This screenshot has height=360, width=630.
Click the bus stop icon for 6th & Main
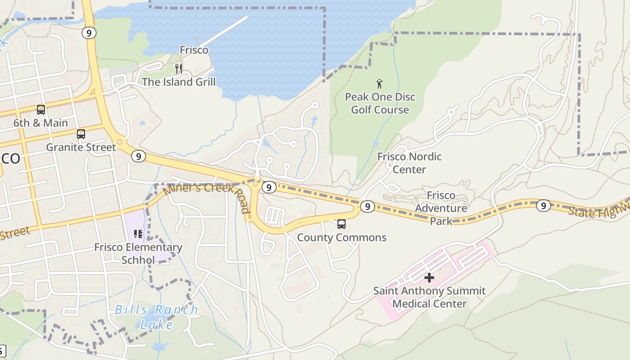(x=41, y=109)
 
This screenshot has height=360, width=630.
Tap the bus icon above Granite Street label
(x=81, y=134)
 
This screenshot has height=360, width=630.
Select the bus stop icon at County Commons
(x=342, y=224)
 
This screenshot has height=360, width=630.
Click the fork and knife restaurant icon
(x=179, y=68)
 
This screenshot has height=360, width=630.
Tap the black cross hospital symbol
(x=429, y=278)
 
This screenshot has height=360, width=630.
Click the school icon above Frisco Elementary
(x=138, y=234)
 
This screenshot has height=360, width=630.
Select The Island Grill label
(x=179, y=82)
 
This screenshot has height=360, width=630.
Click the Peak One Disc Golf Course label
(x=380, y=103)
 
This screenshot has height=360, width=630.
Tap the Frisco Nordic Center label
(x=409, y=163)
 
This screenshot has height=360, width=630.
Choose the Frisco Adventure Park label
(x=441, y=208)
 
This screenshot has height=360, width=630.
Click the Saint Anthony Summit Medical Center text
(x=429, y=297)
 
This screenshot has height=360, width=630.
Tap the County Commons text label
(x=342, y=238)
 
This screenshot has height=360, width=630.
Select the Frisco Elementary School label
(x=138, y=253)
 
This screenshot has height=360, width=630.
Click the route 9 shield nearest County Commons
(x=368, y=206)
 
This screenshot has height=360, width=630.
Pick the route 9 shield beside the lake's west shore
(x=90, y=33)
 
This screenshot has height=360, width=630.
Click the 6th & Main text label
(x=40, y=123)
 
